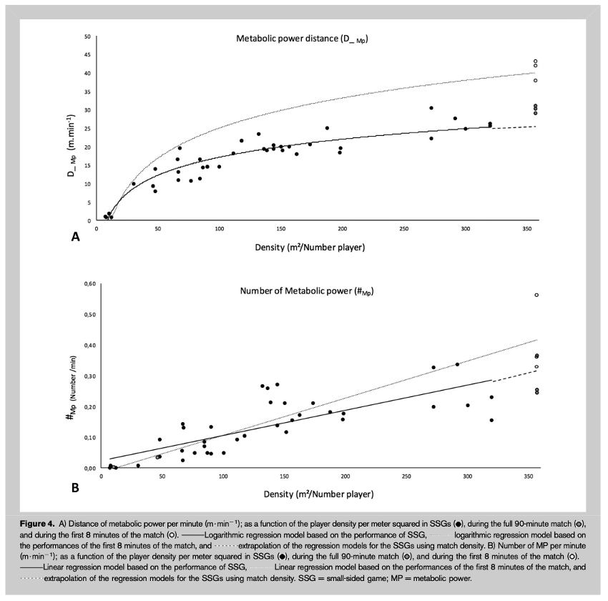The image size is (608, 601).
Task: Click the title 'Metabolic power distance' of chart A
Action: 306,39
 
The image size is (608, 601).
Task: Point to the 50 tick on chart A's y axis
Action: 87,36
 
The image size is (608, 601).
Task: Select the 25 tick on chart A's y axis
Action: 87,129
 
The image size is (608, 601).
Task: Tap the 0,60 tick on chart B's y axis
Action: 89,284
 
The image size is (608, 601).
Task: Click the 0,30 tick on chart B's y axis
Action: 89,376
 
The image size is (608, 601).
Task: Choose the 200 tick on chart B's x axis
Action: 345,477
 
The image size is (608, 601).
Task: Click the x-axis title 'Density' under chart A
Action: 310,247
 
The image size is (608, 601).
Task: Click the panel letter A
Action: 75,237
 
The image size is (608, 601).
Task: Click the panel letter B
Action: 75,488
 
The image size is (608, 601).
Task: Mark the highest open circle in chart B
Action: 536,295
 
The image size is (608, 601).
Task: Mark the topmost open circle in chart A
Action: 535,62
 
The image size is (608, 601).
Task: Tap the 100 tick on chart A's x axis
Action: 220,230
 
